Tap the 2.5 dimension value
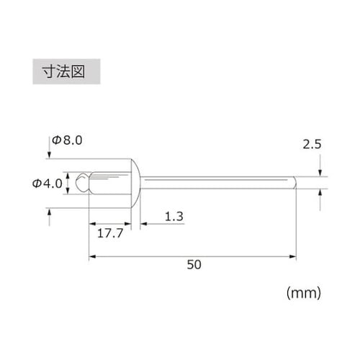[x=312, y=145]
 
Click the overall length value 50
[x=193, y=264]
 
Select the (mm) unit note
[x=303, y=292]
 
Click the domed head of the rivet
[x=135, y=182]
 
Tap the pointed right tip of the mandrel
[x=294, y=182]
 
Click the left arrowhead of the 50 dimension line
[x=91, y=256]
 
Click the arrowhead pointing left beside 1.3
[x=144, y=223]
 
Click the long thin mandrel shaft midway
[x=216, y=182]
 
